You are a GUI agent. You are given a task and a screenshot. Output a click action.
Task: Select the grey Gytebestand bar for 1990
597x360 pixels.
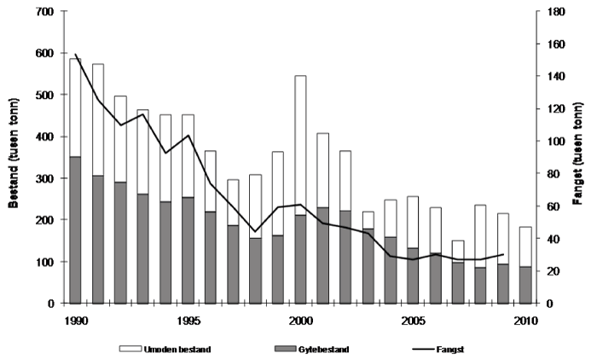point(75,229)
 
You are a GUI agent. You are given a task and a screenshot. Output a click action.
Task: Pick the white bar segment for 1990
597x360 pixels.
point(75,107)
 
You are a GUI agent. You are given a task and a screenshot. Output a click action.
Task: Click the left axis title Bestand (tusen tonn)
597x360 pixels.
point(12,158)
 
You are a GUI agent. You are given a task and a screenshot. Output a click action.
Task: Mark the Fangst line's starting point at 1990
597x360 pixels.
point(75,55)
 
